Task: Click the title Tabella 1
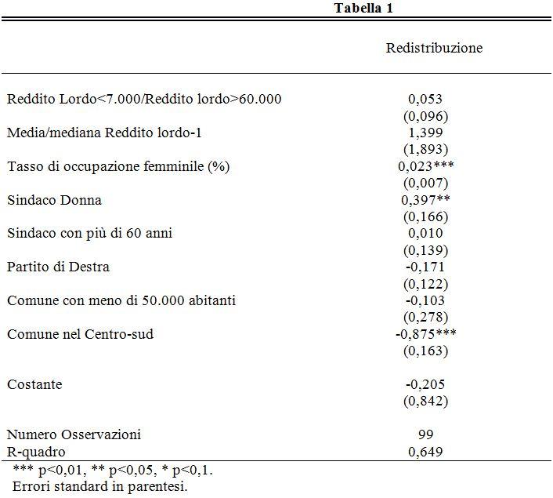[363, 8]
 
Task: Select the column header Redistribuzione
[434, 48]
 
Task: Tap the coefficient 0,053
[425, 100]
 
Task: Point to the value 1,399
[425, 133]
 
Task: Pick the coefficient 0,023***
[426, 166]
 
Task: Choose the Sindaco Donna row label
[54, 200]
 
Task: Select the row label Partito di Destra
[58, 267]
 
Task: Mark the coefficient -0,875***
[425, 334]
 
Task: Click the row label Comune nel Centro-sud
[80, 334]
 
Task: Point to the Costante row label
[34, 384]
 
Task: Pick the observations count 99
[426, 434]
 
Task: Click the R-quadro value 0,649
[425, 452]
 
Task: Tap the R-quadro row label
[37, 452]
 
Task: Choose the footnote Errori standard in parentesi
[100, 485]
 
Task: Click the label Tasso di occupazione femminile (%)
[118, 166]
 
